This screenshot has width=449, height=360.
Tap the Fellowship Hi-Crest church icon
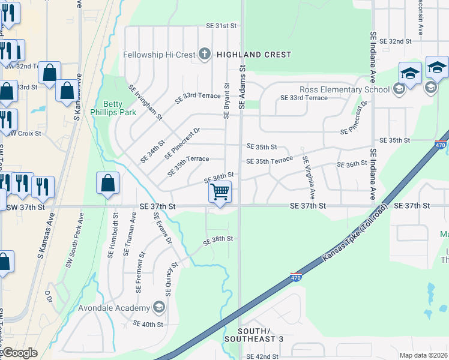point(204,55)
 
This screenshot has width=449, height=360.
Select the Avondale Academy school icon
point(159,308)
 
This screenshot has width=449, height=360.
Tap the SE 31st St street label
point(222,26)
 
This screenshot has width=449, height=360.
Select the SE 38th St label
point(218,239)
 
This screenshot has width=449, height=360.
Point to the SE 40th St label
point(149,325)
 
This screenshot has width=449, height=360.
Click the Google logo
point(20,353)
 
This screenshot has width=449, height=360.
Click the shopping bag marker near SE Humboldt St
point(107,185)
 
